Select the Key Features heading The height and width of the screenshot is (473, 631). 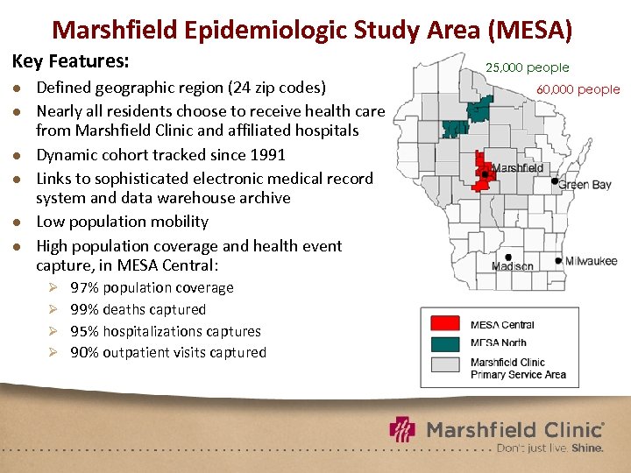[70, 62]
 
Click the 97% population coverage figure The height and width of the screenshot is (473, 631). [85, 287]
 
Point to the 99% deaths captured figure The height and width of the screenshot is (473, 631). [85, 309]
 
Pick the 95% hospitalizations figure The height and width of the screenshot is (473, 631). [85, 331]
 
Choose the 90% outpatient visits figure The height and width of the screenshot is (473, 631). [85, 352]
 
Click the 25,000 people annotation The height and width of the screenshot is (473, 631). [528, 67]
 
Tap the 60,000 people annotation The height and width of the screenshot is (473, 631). [578, 89]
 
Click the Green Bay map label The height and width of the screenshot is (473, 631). [585, 185]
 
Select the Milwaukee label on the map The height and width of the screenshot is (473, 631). [591, 261]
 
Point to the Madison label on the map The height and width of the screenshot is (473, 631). [513, 266]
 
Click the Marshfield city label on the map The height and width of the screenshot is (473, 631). [518, 167]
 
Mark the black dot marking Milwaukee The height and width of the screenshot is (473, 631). [558, 260]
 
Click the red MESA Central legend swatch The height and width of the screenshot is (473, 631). [444, 324]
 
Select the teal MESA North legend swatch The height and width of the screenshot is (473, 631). [444, 342]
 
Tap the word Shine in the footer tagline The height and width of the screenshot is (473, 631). [586, 448]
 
